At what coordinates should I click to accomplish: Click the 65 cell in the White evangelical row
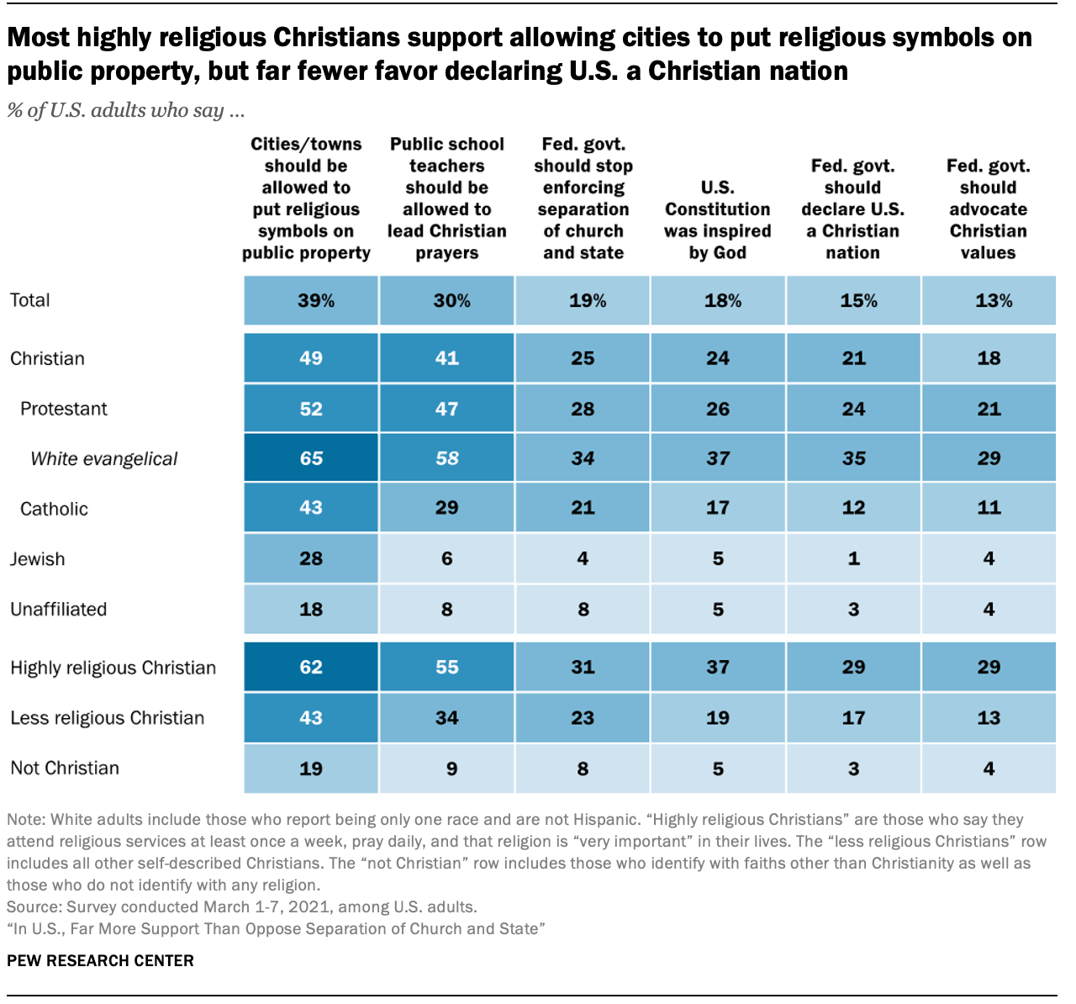(311, 458)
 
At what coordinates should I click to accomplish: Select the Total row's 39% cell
(315, 301)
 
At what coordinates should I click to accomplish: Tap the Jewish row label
(38, 559)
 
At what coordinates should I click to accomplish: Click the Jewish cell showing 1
(853, 559)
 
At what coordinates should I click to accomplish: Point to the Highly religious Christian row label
(113, 668)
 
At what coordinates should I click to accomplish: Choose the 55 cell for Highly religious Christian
(446, 668)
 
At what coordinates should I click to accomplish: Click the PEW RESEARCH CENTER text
(100, 960)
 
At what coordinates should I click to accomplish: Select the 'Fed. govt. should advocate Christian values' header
(988, 209)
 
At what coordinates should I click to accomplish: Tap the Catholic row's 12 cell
(853, 508)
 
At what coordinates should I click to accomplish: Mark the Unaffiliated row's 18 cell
(311, 609)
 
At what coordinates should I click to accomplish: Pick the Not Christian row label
(65, 768)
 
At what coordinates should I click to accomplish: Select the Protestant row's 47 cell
(446, 409)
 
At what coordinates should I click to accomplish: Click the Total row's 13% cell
(993, 301)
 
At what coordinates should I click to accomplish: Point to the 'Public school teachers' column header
(446, 198)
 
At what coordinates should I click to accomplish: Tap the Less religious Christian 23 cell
(583, 718)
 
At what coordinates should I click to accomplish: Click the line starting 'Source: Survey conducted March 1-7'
(242, 907)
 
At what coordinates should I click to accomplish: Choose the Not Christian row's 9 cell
(451, 769)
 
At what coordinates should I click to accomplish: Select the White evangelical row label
(104, 459)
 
